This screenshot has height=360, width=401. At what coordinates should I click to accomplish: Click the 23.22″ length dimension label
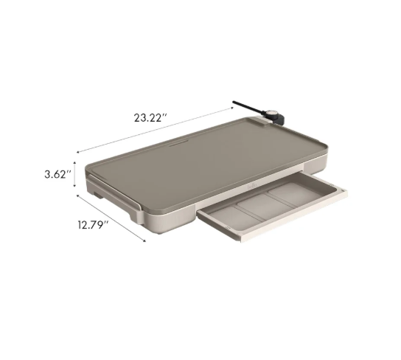(x=151, y=117)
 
